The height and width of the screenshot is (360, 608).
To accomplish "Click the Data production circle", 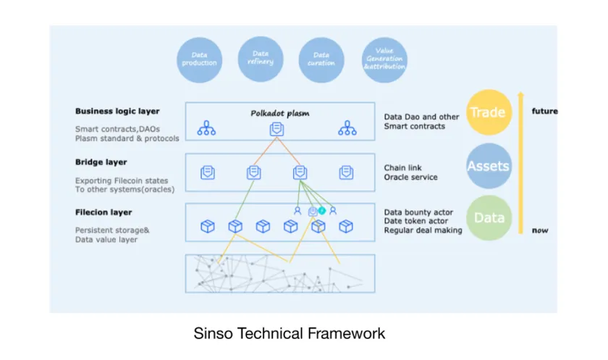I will [199, 59].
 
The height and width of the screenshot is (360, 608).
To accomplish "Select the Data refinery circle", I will [261, 59].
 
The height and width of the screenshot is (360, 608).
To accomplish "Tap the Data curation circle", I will [321, 59].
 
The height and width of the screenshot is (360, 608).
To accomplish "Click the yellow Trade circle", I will [489, 112].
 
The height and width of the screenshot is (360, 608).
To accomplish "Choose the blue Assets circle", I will [489, 166].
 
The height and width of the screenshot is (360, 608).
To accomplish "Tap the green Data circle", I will [489, 218].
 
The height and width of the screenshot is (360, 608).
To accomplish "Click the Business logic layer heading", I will [117, 112].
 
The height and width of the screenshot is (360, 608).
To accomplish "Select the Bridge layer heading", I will [101, 162].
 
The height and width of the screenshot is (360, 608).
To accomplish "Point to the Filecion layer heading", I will [104, 213].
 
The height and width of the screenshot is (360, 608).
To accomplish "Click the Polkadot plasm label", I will [276, 114].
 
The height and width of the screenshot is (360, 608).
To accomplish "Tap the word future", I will [545, 112].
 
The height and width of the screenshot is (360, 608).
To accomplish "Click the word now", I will [539, 230].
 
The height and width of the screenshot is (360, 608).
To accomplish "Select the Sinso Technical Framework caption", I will [290, 334].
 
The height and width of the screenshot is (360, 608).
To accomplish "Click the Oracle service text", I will [410, 177].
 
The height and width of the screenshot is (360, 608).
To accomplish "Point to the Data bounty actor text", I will [419, 212].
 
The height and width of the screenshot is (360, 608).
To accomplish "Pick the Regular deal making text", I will [423, 230].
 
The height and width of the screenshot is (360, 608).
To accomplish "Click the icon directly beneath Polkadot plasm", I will [276, 129].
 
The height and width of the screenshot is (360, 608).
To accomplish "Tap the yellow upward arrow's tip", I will [519, 94].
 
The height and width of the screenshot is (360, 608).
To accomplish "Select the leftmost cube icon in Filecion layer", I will [208, 227].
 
